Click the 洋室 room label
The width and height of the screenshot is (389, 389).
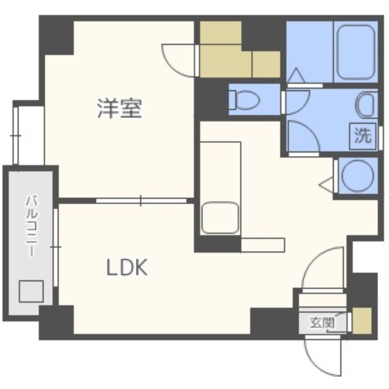(120, 108)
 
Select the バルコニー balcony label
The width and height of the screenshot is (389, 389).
(32, 226)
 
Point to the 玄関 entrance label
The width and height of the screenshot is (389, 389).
(322, 323)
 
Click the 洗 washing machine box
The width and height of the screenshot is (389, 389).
(363, 136)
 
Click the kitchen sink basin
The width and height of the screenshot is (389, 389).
(220, 218)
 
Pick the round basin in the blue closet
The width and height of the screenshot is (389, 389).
(357, 175)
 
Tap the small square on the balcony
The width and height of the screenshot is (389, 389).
(31, 291)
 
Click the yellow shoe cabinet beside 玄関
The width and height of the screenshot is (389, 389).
(362, 321)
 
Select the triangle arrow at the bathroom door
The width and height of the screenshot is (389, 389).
(296, 75)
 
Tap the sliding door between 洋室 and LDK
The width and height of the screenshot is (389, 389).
(141, 201)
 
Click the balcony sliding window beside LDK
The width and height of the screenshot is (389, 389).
(56, 247)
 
